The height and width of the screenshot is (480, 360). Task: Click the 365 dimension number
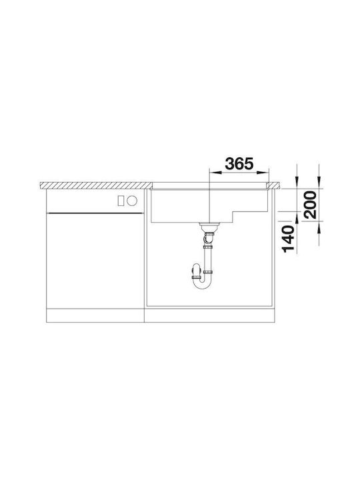(239, 164)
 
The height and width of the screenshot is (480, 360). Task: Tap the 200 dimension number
(309, 205)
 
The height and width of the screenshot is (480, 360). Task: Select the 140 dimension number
(288, 239)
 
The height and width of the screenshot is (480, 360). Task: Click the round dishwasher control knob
(132, 201)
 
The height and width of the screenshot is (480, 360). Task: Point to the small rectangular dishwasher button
(121, 201)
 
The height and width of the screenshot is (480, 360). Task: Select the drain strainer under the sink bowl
(209, 226)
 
